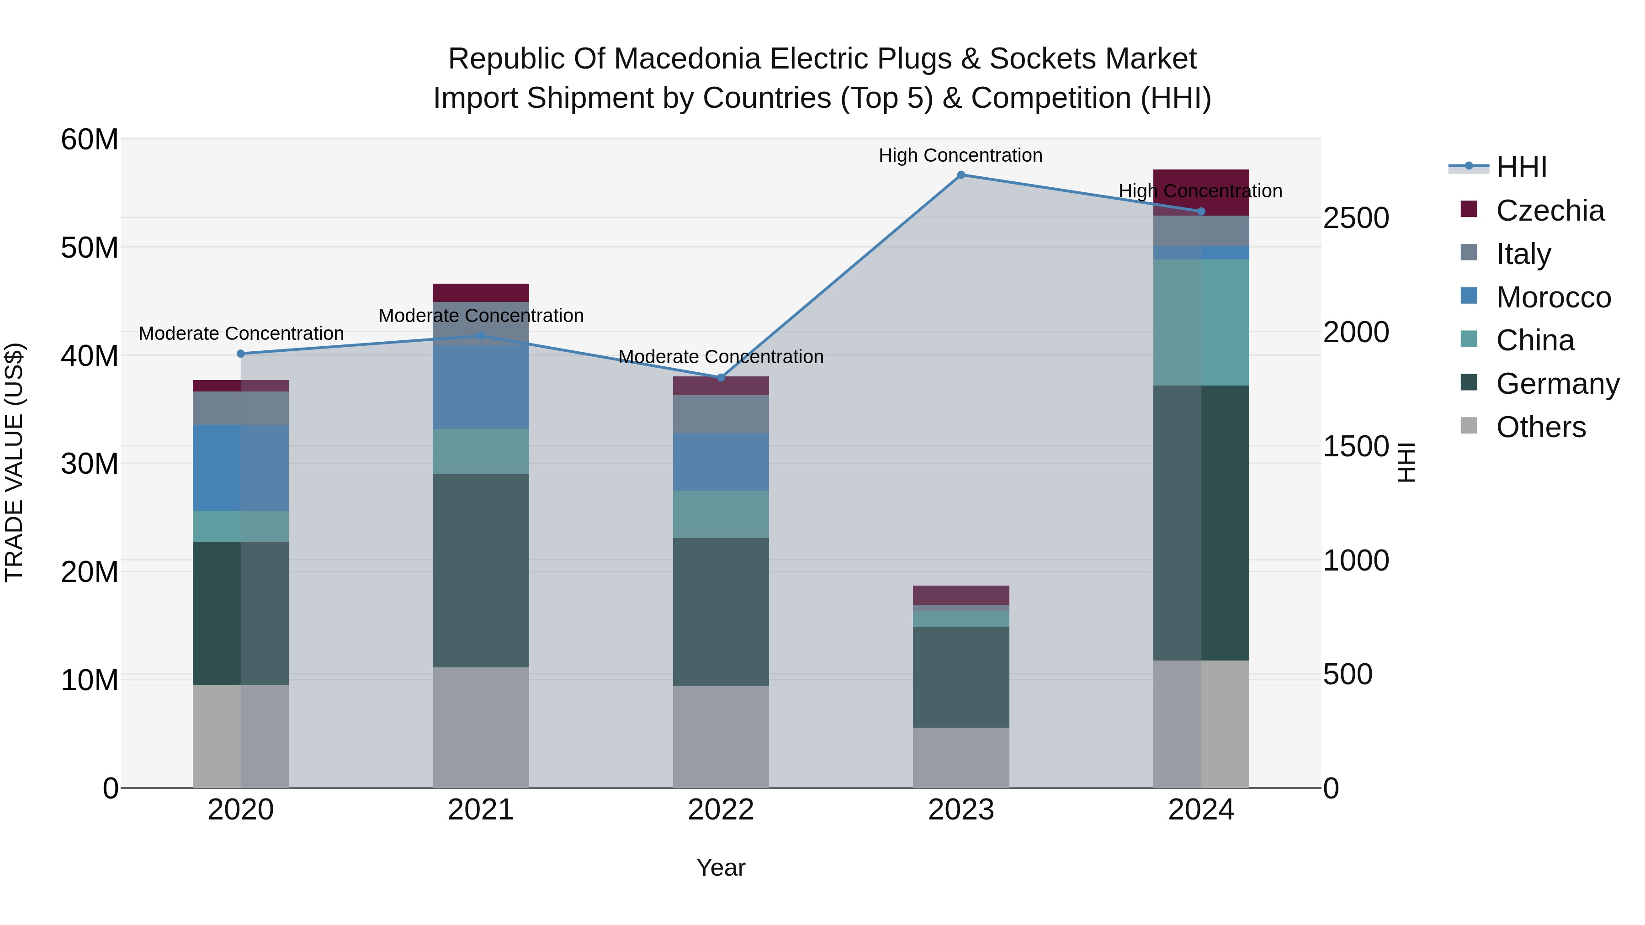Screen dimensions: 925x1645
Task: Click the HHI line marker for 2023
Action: pyautogui.click(x=960, y=175)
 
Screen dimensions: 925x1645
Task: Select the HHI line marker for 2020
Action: pyautogui.click(x=241, y=354)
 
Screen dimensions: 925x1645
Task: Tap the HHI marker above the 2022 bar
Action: pyautogui.click(x=721, y=378)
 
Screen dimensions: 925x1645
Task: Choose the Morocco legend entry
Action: pyautogui.click(x=1553, y=297)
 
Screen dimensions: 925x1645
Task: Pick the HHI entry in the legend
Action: pyautogui.click(x=1521, y=167)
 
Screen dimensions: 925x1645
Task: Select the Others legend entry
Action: pyautogui.click(x=1540, y=427)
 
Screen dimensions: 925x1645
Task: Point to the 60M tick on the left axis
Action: pyautogui.click(x=90, y=139)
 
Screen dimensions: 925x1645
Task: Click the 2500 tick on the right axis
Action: pyautogui.click(x=1355, y=218)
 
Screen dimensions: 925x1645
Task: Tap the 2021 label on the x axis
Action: pyautogui.click(x=480, y=810)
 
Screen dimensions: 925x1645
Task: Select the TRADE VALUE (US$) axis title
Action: pyautogui.click(x=14, y=462)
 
